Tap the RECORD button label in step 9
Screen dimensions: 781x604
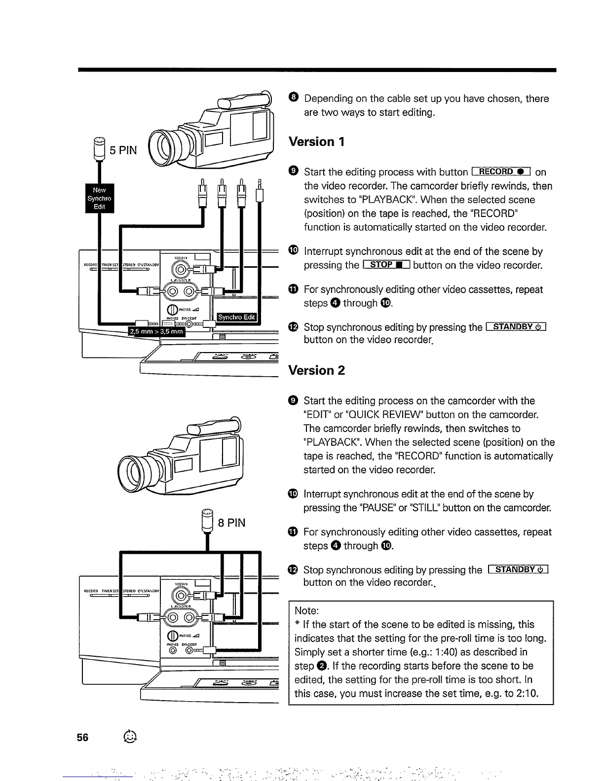(x=501, y=172)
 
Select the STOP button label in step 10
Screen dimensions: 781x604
(x=386, y=265)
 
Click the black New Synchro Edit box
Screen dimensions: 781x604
(x=100, y=198)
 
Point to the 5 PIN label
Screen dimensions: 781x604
(x=123, y=150)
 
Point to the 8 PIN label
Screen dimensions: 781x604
(x=231, y=523)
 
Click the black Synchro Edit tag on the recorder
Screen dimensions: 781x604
(x=237, y=317)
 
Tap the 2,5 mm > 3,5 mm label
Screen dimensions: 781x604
(x=156, y=331)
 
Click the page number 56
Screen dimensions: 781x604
(x=82, y=737)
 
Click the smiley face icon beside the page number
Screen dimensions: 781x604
(x=130, y=736)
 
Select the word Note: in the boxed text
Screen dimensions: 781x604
(x=307, y=610)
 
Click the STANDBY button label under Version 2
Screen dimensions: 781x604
(x=518, y=570)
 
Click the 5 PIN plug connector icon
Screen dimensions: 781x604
(x=100, y=147)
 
